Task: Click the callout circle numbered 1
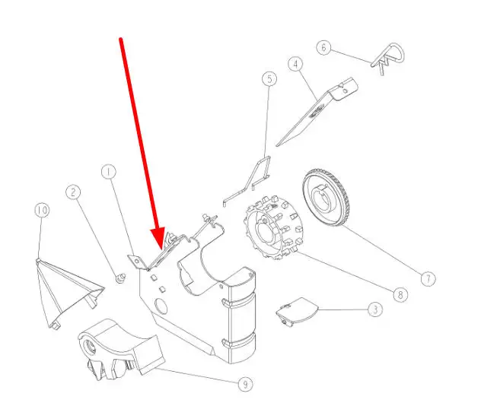pos(109,173)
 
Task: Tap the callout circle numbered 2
pos(73,192)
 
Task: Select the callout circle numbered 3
pos(375,309)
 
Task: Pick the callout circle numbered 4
pos(295,64)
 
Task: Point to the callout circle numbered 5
pos(269,79)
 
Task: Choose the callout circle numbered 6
pos(323,47)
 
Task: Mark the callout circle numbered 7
pos(428,279)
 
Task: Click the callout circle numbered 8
pos(400,295)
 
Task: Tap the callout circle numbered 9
pos(245,384)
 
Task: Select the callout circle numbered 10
pos(42,210)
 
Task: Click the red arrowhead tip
pos(161,249)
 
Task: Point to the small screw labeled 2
pos(120,278)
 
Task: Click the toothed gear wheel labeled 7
pos(326,198)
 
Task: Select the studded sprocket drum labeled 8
pos(274,227)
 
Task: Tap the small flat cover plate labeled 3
pos(297,311)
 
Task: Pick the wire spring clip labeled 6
pos(389,57)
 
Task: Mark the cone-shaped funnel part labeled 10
pos(68,294)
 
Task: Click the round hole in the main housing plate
pos(161,306)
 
